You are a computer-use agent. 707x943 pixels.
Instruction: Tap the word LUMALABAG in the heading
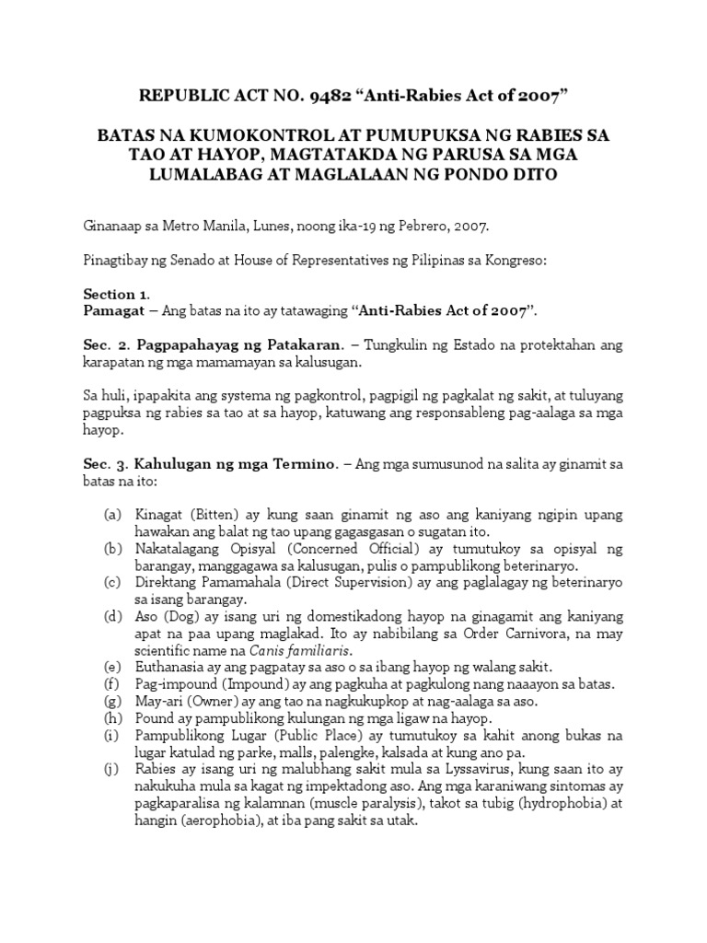coord(218,174)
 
